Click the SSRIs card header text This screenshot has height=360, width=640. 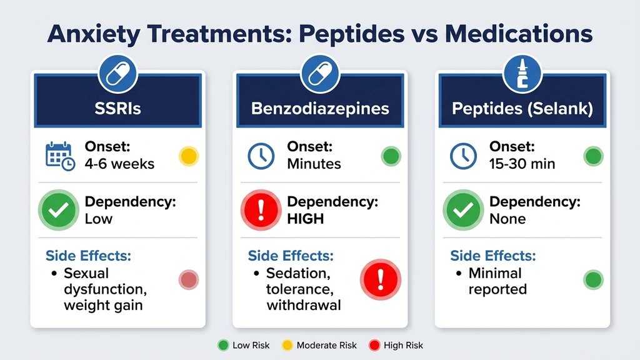(x=117, y=108)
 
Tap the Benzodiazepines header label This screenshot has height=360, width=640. (x=320, y=108)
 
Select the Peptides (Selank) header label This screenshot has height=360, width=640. (x=522, y=108)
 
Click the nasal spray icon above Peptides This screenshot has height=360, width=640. (x=522, y=74)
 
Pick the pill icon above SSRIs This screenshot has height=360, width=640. (x=117, y=74)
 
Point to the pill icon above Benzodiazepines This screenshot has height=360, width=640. (x=320, y=74)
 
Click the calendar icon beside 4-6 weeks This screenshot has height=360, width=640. (x=60, y=156)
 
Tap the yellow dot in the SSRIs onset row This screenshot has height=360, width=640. (x=188, y=156)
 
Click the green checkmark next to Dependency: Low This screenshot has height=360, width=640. (x=59, y=210)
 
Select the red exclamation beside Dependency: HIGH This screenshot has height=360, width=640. (x=261, y=210)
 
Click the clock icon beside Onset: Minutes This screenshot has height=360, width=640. (x=261, y=156)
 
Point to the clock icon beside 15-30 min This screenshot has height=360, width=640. (x=464, y=156)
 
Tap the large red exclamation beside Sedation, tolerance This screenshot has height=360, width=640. (x=381, y=279)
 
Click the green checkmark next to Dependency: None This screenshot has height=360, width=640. (x=464, y=210)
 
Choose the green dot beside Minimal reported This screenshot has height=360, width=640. (x=593, y=280)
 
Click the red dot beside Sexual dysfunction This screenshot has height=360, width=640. (x=188, y=280)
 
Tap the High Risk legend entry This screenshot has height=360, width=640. (x=398, y=345)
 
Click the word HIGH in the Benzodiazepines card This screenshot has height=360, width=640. (x=305, y=219)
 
